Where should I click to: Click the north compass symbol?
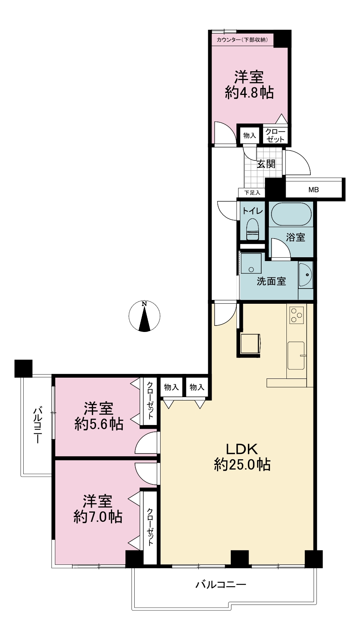(x=144, y=316)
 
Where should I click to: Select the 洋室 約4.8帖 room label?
(x=249, y=85)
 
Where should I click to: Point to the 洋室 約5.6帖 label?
(x=99, y=416)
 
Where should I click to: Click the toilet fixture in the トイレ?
(x=252, y=229)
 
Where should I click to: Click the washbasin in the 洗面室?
(x=305, y=275)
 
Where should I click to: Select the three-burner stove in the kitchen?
(x=297, y=315)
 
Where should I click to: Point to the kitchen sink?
(x=296, y=356)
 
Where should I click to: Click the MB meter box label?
(x=313, y=190)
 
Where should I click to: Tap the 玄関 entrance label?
(x=266, y=164)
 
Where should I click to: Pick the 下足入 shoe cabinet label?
(x=252, y=193)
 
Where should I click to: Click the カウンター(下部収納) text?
(x=242, y=40)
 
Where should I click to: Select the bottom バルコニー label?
(x=221, y=585)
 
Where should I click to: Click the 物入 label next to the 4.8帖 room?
(x=249, y=136)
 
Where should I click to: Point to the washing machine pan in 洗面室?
(x=251, y=263)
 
